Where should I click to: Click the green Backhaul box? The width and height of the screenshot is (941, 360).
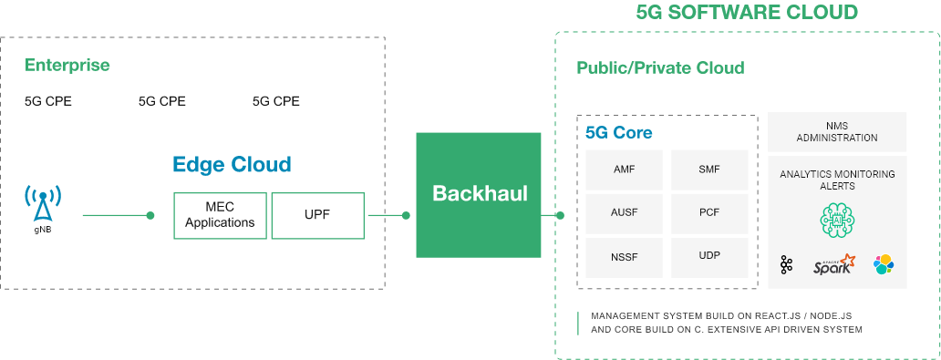pyautogui.click(x=479, y=194)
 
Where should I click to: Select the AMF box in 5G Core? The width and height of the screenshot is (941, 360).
pyautogui.click(x=625, y=170)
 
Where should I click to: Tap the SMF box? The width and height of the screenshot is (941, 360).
pyautogui.click(x=709, y=170)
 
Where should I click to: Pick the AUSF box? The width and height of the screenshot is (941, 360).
pyautogui.click(x=625, y=212)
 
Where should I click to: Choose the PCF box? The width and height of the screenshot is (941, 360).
pyautogui.click(x=709, y=212)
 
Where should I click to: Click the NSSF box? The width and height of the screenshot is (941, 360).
pyautogui.click(x=625, y=256)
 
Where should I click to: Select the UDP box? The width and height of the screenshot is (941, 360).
pyautogui.click(x=709, y=256)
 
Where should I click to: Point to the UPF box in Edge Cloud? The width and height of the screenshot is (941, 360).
pyautogui.click(x=318, y=215)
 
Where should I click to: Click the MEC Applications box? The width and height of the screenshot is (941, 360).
pyautogui.click(x=220, y=215)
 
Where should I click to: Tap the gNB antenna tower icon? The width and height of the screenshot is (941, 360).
pyautogui.click(x=43, y=205)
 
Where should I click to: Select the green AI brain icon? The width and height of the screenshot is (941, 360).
pyautogui.click(x=836, y=221)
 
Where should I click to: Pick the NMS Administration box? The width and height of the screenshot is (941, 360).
pyautogui.click(x=837, y=132)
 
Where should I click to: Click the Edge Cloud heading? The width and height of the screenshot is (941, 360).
pyautogui.click(x=232, y=165)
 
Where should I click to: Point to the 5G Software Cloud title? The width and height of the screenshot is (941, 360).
pyautogui.click(x=746, y=12)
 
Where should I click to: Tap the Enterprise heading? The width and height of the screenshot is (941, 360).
pyautogui.click(x=67, y=66)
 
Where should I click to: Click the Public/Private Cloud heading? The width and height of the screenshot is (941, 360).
pyautogui.click(x=660, y=68)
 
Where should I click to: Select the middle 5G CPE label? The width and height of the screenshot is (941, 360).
pyautogui.click(x=162, y=101)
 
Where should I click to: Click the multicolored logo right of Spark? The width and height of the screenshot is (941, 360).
pyautogui.click(x=883, y=265)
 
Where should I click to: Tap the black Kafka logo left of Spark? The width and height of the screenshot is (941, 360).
pyautogui.click(x=787, y=265)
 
